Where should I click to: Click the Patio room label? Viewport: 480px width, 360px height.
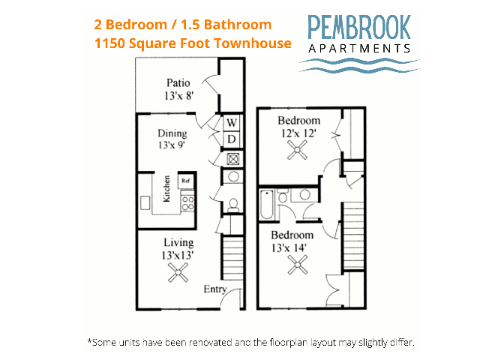178,83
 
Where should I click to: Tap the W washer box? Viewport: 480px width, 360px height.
232,122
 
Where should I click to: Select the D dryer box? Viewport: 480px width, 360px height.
232,139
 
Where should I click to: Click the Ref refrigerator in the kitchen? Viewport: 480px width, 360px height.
186,181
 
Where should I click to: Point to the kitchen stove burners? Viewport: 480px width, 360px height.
187,202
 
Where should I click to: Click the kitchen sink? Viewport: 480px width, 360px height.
145,202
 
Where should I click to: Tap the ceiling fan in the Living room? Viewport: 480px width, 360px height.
178,272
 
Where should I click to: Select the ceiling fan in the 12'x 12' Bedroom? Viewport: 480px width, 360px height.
297,150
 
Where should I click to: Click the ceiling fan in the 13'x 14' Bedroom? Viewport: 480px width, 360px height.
298,265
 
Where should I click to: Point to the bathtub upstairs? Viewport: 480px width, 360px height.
267,204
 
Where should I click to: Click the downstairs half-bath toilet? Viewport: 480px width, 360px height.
233,205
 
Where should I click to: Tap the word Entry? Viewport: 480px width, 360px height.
215,289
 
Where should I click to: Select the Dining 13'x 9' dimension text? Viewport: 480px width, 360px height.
172,145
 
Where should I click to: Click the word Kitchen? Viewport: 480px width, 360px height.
166,189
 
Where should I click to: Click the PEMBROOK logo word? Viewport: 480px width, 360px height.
359,28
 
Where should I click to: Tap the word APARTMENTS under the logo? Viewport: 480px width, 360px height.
359,48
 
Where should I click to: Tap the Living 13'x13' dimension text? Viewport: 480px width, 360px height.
178,255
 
